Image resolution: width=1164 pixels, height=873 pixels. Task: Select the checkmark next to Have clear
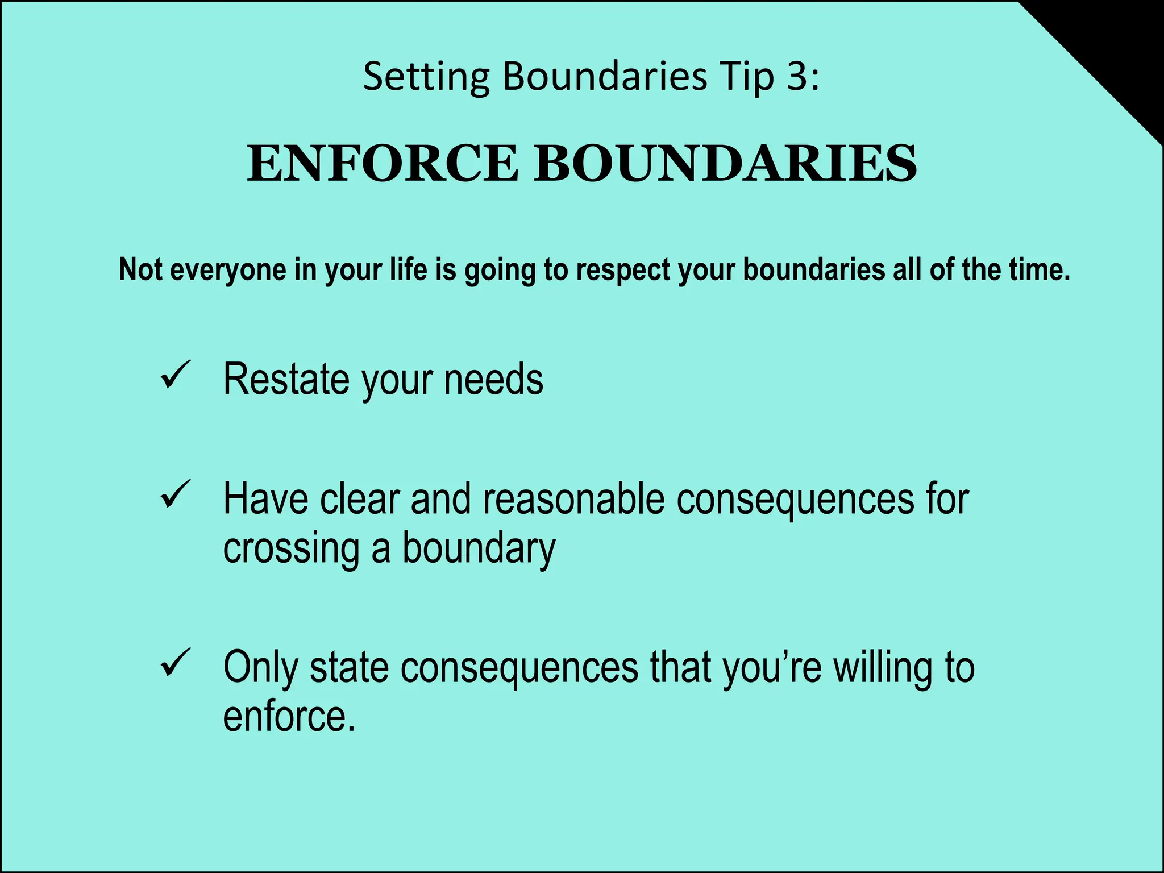pos(176,494)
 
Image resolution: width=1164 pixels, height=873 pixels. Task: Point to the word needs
pos(493,379)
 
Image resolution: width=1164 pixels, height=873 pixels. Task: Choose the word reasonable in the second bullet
pos(574,499)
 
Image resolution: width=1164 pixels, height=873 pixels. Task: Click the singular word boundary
pos(479,548)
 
